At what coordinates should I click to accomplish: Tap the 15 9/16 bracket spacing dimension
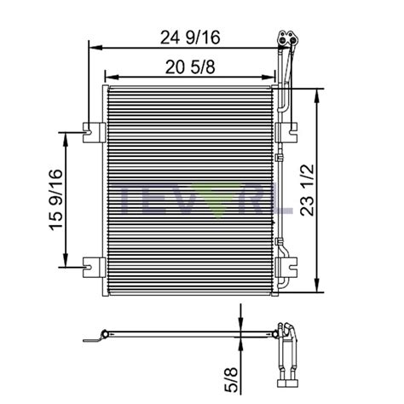click(x=56, y=199)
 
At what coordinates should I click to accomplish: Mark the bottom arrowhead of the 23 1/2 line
click(x=318, y=290)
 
